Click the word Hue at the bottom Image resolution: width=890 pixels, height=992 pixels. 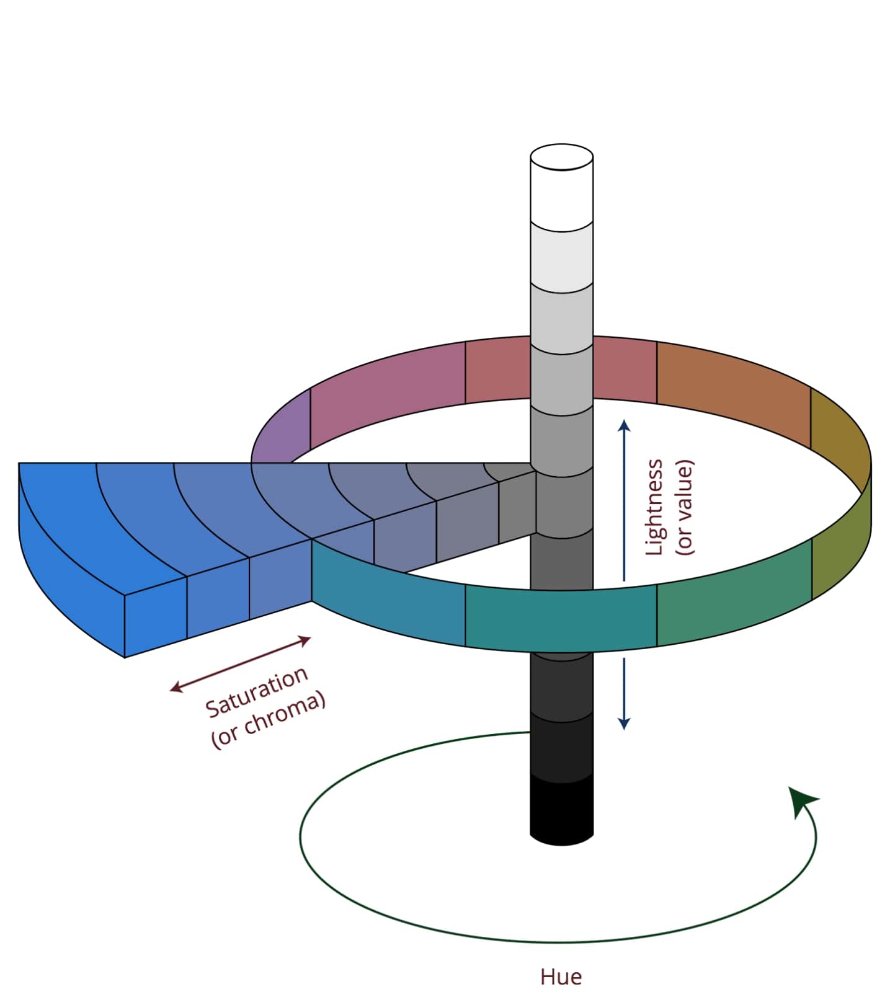pyautogui.click(x=561, y=976)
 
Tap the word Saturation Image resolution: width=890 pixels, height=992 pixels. pyautogui.click(x=256, y=691)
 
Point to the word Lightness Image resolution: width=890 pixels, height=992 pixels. pyautogui.click(x=654, y=507)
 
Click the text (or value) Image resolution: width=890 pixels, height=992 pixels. pyautogui.click(x=684, y=507)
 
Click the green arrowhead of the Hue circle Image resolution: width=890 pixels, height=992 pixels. pyautogui.click(x=803, y=800)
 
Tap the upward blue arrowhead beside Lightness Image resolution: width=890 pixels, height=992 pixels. pyautogui.click(x=624, y=426)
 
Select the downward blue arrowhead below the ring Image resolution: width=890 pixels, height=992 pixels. pyautogui.click(x=624, y=723)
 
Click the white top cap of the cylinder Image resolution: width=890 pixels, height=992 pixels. pyautogui.click(x=561, y=157)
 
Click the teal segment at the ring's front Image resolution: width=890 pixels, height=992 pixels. pyautogui.click(x=558, y=617)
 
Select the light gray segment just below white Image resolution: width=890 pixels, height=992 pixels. pyautogui.click(x=561, y=257)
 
